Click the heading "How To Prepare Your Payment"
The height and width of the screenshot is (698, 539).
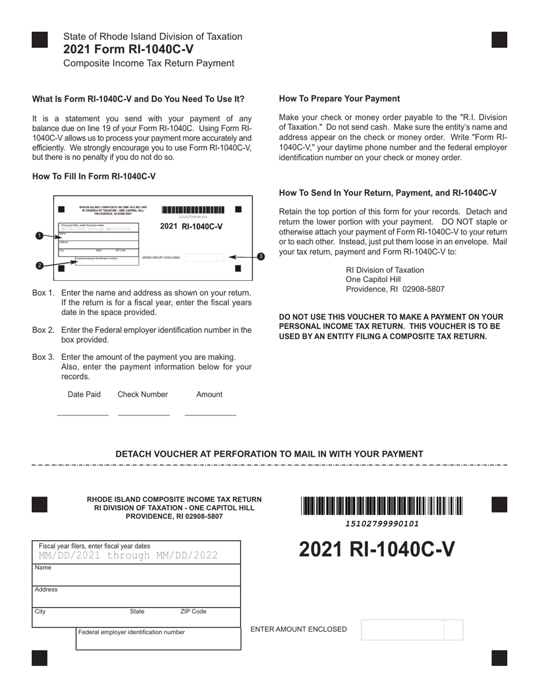tap(339, 99)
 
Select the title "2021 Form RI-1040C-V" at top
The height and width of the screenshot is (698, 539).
tap(128, 49)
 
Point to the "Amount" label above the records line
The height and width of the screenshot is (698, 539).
tap(209, 394)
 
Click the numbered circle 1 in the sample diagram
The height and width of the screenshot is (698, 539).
tap(39, 236)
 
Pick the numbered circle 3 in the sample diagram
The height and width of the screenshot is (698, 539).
tap(260, 257)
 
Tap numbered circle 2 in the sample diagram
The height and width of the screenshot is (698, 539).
tap(39, 265)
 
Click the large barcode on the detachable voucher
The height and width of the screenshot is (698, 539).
tap(382, 506)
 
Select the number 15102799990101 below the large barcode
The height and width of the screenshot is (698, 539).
tap(382, 524)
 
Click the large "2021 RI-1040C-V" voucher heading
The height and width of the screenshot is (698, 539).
tap(377, 549)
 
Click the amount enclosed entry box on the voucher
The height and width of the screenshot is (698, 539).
tap(411, 630)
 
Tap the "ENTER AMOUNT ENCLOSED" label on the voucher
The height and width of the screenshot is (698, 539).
tap(298, 629)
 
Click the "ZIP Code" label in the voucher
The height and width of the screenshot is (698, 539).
tap(193, 612)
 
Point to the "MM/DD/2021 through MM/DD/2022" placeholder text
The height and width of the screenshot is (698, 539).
tap(128, 556)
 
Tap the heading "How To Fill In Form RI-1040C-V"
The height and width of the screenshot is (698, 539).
tap(94, 176)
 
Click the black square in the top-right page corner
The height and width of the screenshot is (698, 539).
tap(499, 40)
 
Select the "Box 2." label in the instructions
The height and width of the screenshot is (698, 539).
tap(44, 330)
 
